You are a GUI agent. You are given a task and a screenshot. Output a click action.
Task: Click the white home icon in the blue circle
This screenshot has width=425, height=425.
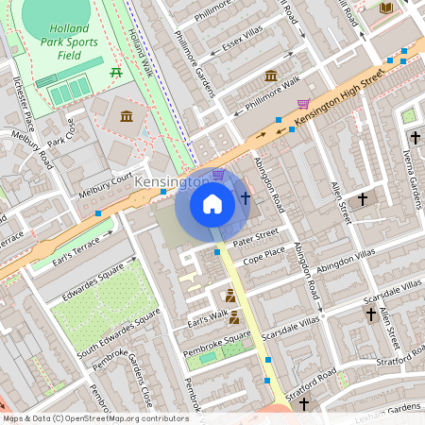tap(212, 203)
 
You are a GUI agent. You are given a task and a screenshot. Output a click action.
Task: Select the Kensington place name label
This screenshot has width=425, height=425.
tap(171, 180)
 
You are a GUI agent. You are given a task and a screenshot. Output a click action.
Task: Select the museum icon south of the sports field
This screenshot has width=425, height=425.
tap(126, 115)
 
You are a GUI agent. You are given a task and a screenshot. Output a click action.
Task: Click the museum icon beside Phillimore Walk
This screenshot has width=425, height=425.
tap(271, 75)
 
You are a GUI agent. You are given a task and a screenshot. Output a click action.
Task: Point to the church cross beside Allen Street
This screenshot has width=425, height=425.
tap(362, 199)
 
